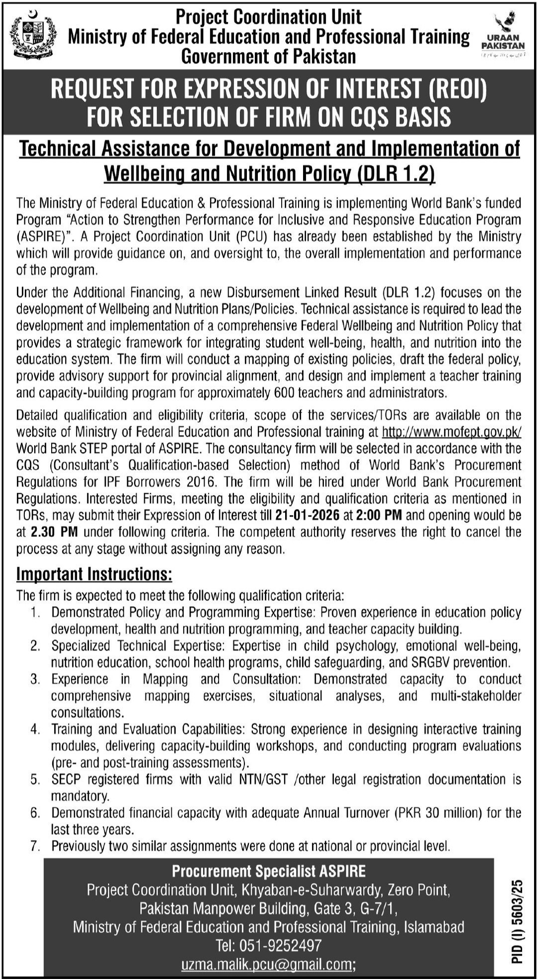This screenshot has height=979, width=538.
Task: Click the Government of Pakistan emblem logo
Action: tap(33, 36)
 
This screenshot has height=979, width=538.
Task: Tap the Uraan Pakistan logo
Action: tap(503, 35)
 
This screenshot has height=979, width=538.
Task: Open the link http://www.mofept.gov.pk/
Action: tap(452, 432)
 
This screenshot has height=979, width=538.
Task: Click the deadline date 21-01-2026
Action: tap(307, 515)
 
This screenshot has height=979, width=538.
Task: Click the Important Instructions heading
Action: tap(94, 574)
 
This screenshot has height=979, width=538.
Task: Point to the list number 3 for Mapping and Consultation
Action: tap(35, 679)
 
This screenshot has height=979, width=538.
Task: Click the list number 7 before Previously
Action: tap(35, 846)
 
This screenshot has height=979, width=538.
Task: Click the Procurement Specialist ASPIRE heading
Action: tap(269, 871)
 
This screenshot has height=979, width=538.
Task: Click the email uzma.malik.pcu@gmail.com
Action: tap(267, 964)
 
